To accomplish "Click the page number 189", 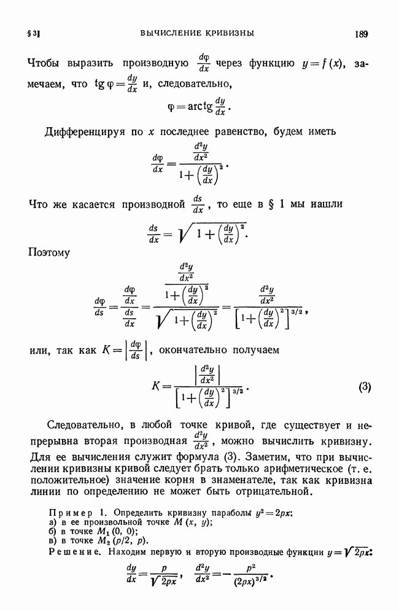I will pyautogui.click(x=361, y=34).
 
